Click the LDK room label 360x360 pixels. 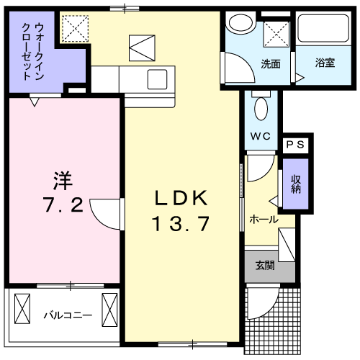coord(181,197)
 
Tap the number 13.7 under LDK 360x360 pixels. coord(181,223)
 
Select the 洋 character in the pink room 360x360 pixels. coord(63,181)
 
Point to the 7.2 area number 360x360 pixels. coord(63,204)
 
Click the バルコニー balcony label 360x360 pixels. coord(68,315)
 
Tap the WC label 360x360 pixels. coord(261,136)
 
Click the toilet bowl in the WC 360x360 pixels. coord(261,109)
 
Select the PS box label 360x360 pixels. coord(295,145)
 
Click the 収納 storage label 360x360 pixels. coord(296,184)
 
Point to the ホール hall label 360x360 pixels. coord(264,220)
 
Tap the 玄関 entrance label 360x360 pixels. coord(265,266)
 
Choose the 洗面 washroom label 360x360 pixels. coord(271,64)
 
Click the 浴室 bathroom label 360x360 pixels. coord(325,63)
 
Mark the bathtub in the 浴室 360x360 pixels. coord(323,29)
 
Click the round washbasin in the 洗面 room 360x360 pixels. coord(241,22)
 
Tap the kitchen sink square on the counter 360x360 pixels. coord(158,79)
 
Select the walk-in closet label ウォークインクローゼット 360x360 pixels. coord(33,51)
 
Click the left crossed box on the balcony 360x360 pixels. coord(22,308)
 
